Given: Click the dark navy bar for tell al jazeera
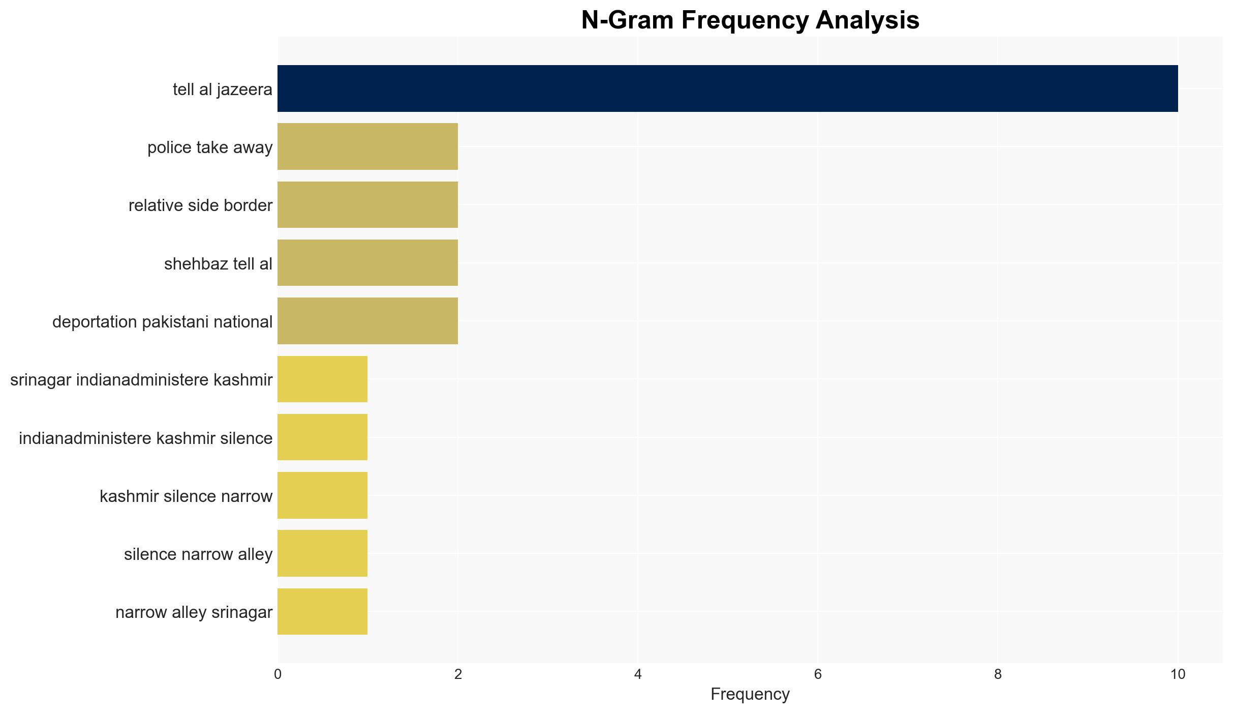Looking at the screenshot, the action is (x=727, y=88).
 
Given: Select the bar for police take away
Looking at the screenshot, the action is (x=367, y=146).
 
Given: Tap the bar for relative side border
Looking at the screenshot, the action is (x=367, y=204).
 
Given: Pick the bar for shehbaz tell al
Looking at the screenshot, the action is (x=367, y=263).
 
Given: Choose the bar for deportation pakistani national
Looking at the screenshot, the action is (x=367, y=321).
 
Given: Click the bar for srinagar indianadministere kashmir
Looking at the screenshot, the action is (x=322, y=379).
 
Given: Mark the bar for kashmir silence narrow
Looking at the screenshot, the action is (x=322, y=495).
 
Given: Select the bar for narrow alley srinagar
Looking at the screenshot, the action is (x=322, y=612).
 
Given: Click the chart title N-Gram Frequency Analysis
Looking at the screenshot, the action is (x=750, y=20).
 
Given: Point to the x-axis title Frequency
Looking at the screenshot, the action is (x=750, y=694).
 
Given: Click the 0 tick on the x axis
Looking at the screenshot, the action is (x=278, y=674).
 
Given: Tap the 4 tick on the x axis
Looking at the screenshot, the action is (x=638, y=674).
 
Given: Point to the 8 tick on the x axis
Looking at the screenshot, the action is (x=998, y=674).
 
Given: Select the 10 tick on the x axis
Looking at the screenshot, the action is (x=1178, y=674).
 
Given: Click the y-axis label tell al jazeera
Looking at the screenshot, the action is (x=223, y=90).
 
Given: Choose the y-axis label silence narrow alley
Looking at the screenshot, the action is (x=198, y=554).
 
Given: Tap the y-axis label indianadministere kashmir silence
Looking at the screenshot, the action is (x=146, y=438).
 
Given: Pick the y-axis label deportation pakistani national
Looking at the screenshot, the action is (x=163, y=322).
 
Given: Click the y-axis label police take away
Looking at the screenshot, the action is (x=210, y=147).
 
